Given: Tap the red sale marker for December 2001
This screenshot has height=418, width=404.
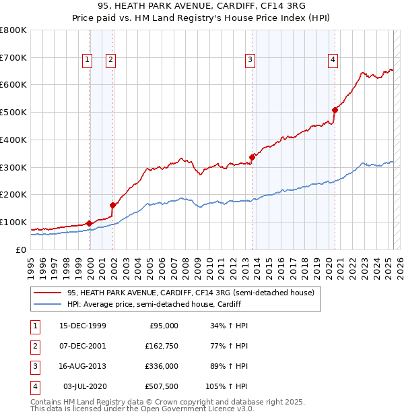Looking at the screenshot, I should click(113, 205).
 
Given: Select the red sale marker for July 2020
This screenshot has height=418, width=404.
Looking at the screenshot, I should click(335, 110).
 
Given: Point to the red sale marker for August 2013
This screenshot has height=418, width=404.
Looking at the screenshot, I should click(252, 157).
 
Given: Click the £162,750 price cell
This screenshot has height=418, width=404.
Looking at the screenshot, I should click(160, 347).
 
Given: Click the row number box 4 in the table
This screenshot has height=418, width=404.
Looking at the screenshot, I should click(34, 387).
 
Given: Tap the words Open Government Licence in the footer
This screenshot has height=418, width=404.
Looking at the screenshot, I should click(195, 409).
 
